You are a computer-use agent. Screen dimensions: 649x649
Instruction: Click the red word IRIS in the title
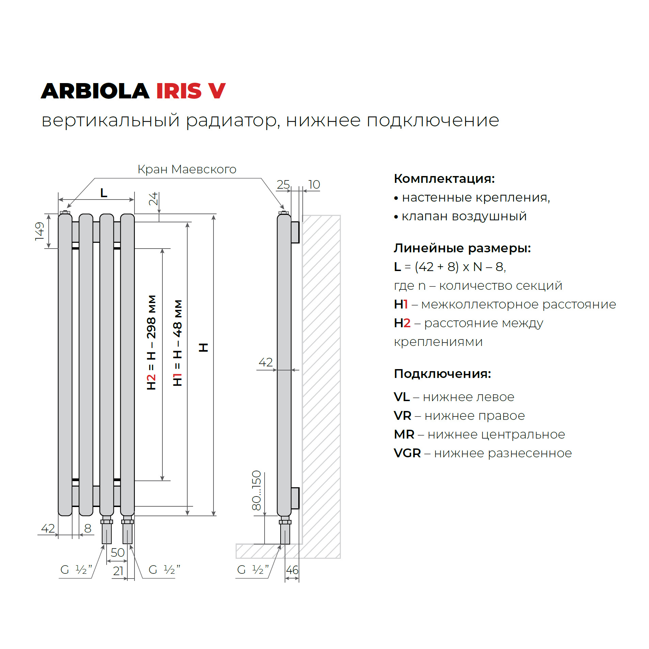point(178,91)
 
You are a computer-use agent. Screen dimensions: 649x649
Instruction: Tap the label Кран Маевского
point(187,169)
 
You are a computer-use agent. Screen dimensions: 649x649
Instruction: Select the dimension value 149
point(40,231)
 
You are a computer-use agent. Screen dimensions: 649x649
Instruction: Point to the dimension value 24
point(153,199)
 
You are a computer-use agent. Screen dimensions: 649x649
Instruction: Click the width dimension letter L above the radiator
point(104,193)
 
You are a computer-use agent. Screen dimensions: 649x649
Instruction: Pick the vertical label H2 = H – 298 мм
point(151,342)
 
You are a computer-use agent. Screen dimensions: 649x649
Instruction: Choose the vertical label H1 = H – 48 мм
point(177,343)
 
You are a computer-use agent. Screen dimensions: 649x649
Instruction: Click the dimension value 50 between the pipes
point(117,552)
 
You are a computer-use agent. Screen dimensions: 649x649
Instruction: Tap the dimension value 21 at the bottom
point(118,571)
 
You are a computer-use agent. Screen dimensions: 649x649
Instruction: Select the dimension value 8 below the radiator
point(88,528)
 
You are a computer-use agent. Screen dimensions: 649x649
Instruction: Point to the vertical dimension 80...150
point(256,490)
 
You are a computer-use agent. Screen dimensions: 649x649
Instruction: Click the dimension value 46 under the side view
point(292,570)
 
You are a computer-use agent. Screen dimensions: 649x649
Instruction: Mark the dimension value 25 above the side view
point(283,184)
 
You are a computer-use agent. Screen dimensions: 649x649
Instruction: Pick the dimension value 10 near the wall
point(314,184)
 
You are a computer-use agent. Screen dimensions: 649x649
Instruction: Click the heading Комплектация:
point(444,178)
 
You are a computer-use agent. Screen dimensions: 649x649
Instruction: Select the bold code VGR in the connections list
point(407,453)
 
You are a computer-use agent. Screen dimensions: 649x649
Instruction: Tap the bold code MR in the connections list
point(404,434)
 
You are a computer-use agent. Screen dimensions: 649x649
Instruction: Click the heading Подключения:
point(442,374)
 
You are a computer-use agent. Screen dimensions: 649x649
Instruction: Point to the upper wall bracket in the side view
point(295,232)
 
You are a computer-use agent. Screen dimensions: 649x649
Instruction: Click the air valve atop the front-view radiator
point(65,212)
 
